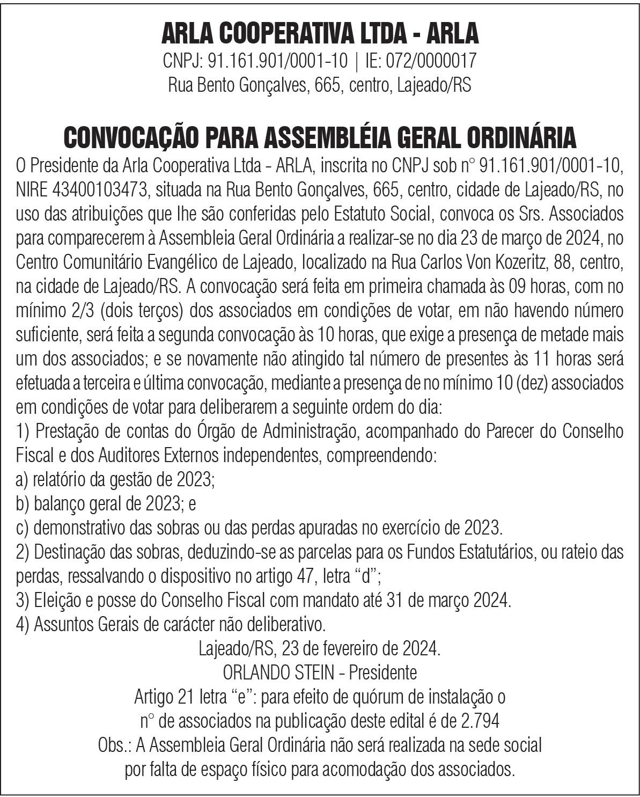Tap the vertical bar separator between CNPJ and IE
[x=357, y=60]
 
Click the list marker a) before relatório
[x=23, y=480]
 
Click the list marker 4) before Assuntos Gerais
[x=23, y=625]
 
